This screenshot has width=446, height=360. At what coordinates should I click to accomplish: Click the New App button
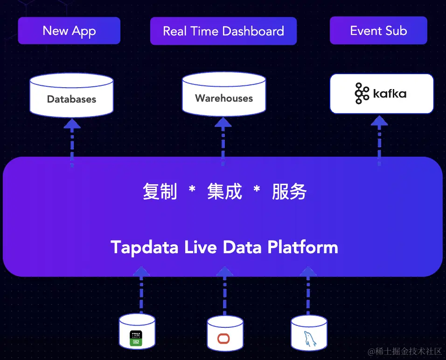click(x=69, y=31)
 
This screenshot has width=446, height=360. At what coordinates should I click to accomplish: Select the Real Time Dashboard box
click(x=223, y=31)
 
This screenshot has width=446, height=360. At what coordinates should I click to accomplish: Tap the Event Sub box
click(x=378, y=30)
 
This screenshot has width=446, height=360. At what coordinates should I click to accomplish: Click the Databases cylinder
click(x=72, y=95)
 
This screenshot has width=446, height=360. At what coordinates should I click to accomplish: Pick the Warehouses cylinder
click(x=224, y=94)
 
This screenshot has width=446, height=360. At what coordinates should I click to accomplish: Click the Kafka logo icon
click(x=362, y=93)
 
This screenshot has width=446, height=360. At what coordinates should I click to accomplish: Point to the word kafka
click(x=390, y=93)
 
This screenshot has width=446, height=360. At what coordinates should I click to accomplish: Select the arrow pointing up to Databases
click(x=72, y=143)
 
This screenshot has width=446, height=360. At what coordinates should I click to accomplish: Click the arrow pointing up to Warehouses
click(x=223, y=142)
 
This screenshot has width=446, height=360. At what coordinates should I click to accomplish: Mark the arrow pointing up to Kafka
click(x=379, y=140)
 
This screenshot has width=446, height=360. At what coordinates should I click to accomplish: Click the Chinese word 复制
click(x=160, y=191)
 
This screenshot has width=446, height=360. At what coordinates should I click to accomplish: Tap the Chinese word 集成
click(x=224, y=191)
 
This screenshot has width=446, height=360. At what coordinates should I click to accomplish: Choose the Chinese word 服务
click(x=289, y=191)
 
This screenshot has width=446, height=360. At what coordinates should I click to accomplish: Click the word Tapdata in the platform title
click(x=145, y=248)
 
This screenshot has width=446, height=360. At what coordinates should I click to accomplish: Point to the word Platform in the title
click(x=303, y=247)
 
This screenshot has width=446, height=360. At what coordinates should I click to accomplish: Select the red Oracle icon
click(x=223, y=339)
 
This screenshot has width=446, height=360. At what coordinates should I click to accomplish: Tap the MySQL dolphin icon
click(x=310, y=339)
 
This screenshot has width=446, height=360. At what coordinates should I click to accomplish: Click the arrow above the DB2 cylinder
click(x=141, y=290)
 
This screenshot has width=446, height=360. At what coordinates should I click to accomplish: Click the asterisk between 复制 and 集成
click(x=192, y=188)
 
